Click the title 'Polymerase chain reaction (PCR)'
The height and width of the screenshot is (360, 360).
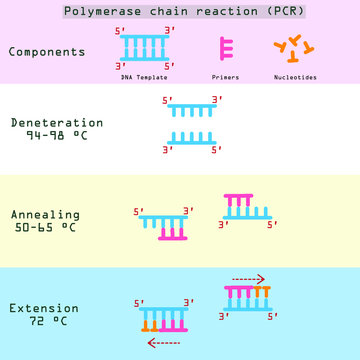click(x=180, y=12)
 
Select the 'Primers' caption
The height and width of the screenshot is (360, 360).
click(x=226, y=75)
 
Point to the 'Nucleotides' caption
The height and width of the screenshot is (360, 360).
click(x=296, y=75)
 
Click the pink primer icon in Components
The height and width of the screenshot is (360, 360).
click(x=226, y=49)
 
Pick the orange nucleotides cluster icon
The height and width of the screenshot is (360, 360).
click(x=295, y=49)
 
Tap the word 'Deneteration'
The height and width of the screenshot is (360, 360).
click(x=57, y=122)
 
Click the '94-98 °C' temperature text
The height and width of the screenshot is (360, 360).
click(x=57, y=135)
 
